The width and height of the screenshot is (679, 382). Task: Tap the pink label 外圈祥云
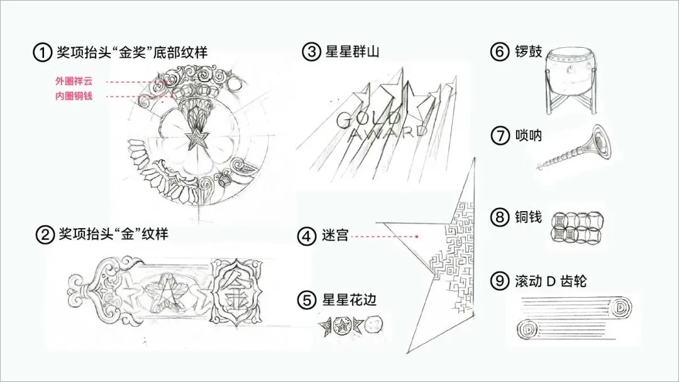pos(74,82)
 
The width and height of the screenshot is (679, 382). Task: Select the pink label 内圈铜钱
pos(74,96)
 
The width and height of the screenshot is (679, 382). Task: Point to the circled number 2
pos(44,236)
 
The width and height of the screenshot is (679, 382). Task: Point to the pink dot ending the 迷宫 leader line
pos(417,236)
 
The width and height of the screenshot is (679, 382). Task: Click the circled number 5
pos(306,300)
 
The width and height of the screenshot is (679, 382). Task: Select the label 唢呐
pos(527,136)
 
